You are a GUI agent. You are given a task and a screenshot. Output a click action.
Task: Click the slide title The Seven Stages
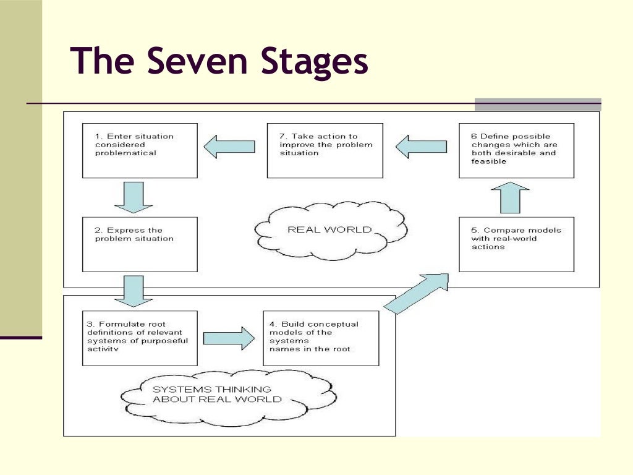click(219, 62)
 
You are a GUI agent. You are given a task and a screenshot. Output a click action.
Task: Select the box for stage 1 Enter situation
click(140, 150)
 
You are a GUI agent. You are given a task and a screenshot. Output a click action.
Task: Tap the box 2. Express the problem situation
click(140, 244)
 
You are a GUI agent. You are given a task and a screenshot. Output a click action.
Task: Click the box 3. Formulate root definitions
click(140, 338)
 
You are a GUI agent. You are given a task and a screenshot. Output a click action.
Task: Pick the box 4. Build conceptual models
click(321, 338)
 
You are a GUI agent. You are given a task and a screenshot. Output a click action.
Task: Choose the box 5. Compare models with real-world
click(516, 244)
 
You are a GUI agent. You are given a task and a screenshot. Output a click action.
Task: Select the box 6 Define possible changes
click(516, 150)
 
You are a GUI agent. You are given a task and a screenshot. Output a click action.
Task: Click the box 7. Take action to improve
click(325, 150)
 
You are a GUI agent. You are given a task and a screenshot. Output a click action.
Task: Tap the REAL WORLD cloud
click(330, 229)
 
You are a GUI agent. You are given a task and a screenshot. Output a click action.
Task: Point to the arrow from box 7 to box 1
click(229, 147)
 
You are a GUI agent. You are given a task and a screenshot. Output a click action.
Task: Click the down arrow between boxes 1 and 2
click(134, 197)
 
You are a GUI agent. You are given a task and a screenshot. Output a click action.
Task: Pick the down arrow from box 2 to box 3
click(134, 291)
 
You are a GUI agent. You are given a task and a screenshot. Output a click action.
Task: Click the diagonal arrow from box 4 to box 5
click(417, 294)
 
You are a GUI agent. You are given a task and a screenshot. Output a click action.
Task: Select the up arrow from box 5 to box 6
click(514, 197)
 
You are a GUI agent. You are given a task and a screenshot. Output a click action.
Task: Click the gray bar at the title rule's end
click(537, 105)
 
